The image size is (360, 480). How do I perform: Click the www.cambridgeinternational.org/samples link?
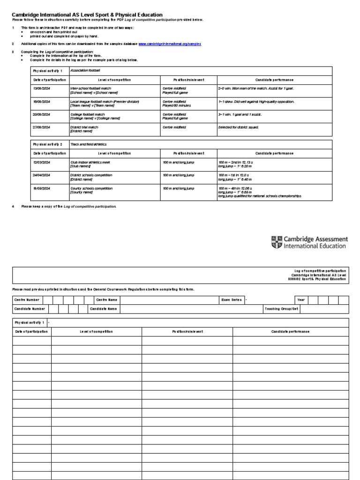click(170, 43)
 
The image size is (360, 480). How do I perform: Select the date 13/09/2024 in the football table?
click(41, 88)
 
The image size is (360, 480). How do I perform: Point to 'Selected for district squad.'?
click(239, 127)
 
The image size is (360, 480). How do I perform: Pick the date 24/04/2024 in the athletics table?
click(41, 175)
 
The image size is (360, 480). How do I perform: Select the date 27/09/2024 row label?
click(41, 127)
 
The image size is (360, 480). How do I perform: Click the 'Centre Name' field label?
click(106, 300)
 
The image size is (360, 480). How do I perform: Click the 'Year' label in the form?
click(300, 300)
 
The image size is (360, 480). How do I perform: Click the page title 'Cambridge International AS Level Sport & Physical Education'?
click(87, 15)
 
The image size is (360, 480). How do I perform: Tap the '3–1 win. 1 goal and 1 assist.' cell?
click(240, 114)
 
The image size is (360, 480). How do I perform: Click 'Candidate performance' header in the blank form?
click(290, 331)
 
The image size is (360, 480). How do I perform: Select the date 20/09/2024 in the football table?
click(41, 114)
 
